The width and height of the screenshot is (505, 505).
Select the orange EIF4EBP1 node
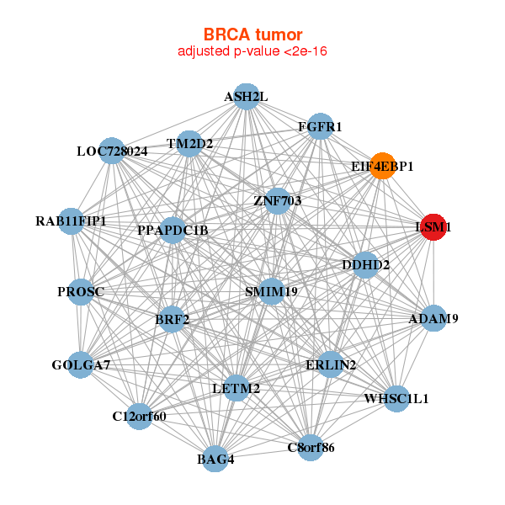coord(382,166)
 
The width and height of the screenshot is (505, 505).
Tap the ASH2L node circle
coord(246,97)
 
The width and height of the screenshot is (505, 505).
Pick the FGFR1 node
coord(320,127)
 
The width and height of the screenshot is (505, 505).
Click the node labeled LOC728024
coord(112,151)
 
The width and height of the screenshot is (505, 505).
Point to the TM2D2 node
coord(189,143)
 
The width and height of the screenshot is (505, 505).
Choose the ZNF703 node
coord(277,201)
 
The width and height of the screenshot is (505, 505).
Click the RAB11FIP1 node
coord(71,221)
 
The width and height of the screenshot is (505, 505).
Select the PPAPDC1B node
coord(173,230)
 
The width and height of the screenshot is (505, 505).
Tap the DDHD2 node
coord(365,265)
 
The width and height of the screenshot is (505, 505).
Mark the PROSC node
coord(81,292)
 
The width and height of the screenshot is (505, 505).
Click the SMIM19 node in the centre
coord(271,291)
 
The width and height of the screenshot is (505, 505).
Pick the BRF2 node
coord(172,319)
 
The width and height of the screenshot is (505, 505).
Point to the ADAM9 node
coord(433,319)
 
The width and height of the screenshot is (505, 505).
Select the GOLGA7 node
coord(81,364)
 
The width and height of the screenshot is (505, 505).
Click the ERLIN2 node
coord(331,364)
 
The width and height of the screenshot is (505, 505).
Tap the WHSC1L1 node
coord(396,398)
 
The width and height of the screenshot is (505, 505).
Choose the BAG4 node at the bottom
coord(215,459)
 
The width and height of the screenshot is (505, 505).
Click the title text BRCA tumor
coord(252,35)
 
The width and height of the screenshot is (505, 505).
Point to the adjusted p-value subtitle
coord(252,51)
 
